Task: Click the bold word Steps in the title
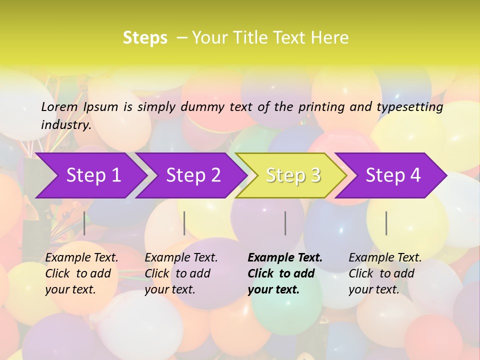point(145,38)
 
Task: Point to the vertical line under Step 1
point(84,223)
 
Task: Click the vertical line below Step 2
point(184,223)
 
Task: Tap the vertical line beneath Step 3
point(285,223)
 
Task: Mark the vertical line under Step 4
point(386,223)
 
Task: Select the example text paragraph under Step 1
point(81,273)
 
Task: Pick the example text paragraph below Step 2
point(181,273)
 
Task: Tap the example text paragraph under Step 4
point(385,273)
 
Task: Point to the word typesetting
point(409,107)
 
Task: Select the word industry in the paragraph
point(65,125)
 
